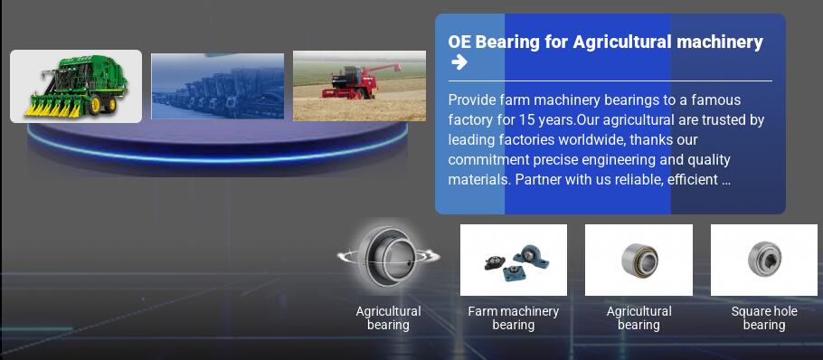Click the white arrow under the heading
click(x=459, y=62)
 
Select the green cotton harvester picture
click(x=76, y=87)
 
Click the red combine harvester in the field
click(x=361, y=82)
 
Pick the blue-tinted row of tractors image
click(x=217, y=86)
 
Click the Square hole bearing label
click(x=763, y=318)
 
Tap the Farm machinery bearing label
click(x=514, y=318)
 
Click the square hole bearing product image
click(x=763, y=260)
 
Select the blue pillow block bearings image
click(x=514, y=260)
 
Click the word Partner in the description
click(x=534, y=179)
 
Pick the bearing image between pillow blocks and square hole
click(x=639, y=260)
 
